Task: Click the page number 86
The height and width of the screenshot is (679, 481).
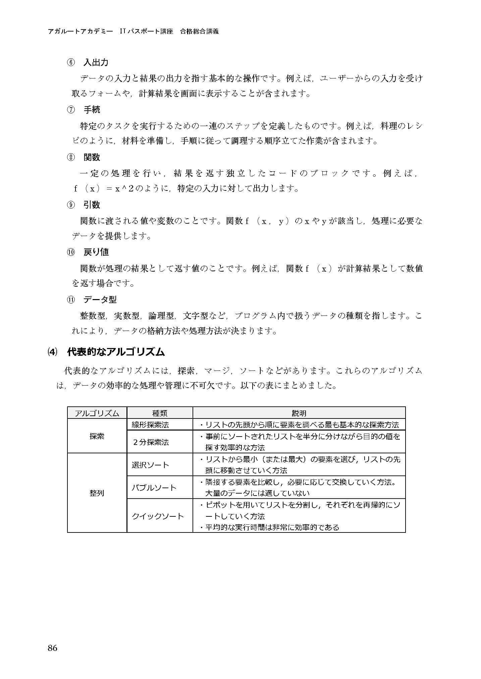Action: click(52, 648)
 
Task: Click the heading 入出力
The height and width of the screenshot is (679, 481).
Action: click(96, 62)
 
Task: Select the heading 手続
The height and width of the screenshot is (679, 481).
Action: click(92, 110)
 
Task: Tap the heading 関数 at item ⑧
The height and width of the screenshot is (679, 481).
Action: click(92, 157)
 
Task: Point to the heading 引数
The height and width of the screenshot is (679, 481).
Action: click(92, 205)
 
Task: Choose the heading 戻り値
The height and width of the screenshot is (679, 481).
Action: click(96, 252)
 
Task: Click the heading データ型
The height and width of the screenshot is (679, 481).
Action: click(100, 300)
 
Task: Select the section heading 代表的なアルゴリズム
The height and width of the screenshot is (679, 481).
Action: click(116, 352)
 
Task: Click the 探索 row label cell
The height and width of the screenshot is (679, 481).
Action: click(97, 436)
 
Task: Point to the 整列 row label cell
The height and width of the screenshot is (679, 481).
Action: click(97, 493)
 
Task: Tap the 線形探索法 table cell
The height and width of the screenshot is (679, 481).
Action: click(150, 425)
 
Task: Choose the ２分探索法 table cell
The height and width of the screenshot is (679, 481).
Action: click(150, 442)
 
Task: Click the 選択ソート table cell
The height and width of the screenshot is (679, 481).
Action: click(150, 465)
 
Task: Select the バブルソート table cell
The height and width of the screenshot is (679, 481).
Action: click(154, 487)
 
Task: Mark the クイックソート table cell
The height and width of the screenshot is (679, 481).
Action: click(158, 516)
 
